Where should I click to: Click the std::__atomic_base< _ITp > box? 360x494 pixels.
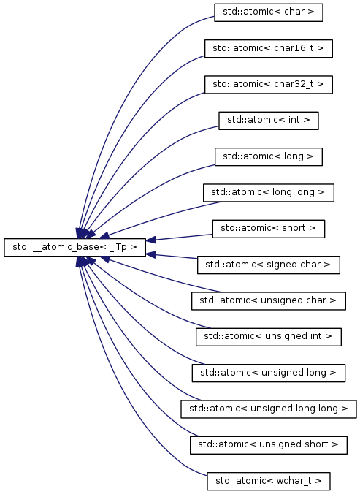[75, 247]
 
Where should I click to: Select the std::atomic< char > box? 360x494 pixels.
[269, 12]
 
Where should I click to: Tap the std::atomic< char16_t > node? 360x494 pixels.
[269, 48]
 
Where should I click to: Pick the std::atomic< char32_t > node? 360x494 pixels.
[269, 85]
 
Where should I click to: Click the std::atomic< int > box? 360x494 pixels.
[269, 121]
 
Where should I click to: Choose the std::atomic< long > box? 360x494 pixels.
[269, 156]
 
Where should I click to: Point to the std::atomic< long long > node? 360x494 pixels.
[269, 192]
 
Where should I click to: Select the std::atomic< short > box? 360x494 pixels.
[269, 229]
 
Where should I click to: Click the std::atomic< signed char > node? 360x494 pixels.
[269, 265]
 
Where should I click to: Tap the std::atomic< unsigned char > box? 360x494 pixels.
[269, 301]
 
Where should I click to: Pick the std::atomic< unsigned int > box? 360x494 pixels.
[269, 337]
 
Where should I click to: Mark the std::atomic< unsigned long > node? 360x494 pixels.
[269, 373]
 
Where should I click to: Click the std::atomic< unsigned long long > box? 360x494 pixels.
[269, 409]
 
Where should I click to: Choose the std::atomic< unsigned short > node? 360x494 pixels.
[269, 445]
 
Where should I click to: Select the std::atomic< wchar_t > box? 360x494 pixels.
[269, 481]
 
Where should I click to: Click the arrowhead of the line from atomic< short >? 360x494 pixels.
[150, 240]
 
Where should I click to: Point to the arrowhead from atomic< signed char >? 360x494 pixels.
[150, 254]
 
